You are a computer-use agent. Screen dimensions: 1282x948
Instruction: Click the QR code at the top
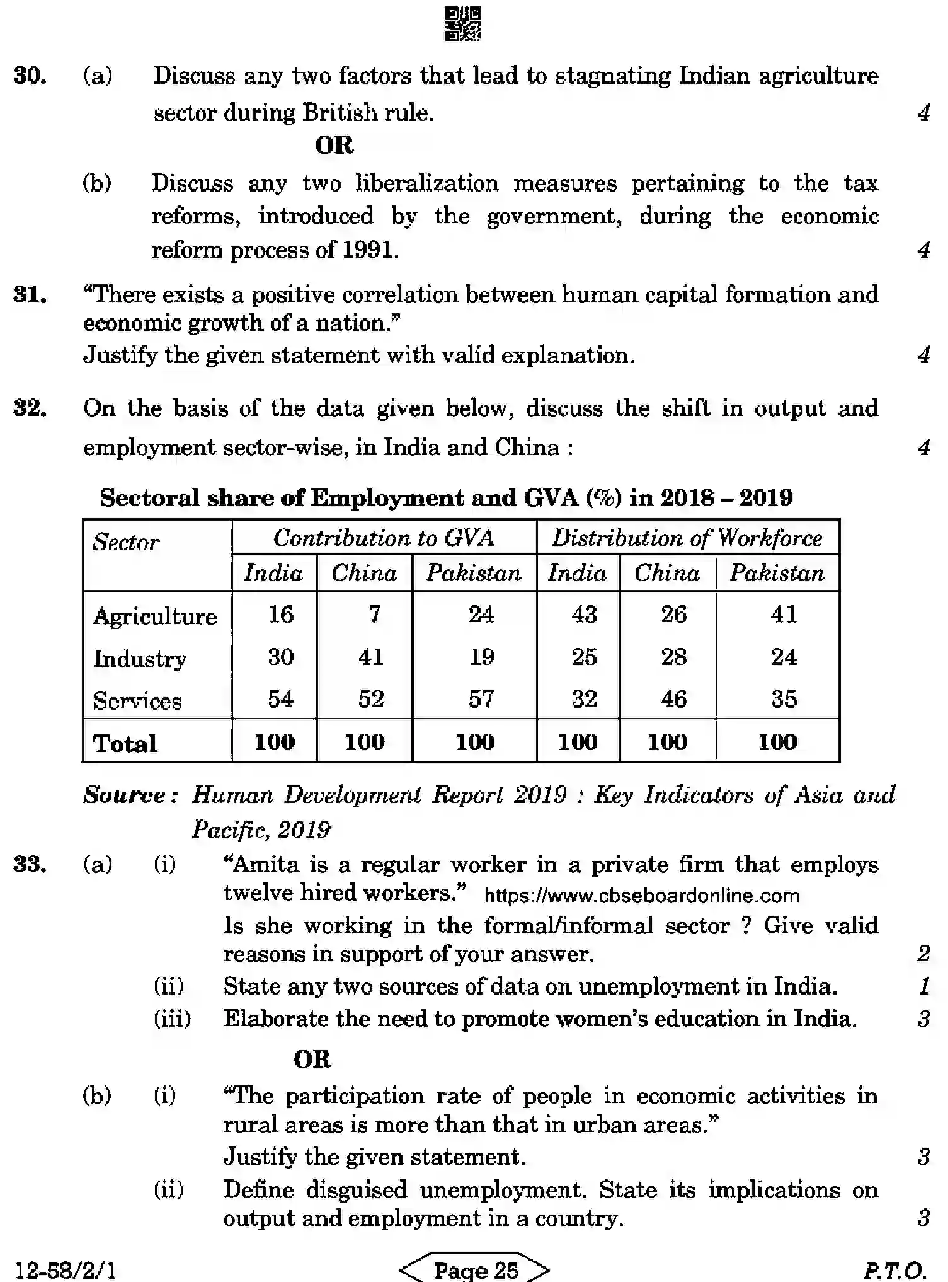463,24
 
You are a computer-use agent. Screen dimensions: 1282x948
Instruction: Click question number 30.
30,76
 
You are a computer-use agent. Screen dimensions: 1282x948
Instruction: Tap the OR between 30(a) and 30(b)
334,146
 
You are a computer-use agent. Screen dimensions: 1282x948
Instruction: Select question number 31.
30,295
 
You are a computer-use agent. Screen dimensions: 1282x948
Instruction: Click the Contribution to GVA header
384,538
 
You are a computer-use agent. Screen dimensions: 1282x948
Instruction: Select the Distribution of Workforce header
687,538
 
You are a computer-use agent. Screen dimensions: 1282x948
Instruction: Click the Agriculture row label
155,616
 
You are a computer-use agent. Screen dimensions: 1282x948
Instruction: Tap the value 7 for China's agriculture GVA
375,614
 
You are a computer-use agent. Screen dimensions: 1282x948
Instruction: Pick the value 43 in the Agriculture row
584,614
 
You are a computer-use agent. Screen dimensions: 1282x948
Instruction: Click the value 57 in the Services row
481,699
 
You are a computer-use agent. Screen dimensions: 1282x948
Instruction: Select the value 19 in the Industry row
482,657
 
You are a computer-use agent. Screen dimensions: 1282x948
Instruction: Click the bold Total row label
125,744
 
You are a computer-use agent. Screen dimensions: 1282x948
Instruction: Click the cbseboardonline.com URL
641,896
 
